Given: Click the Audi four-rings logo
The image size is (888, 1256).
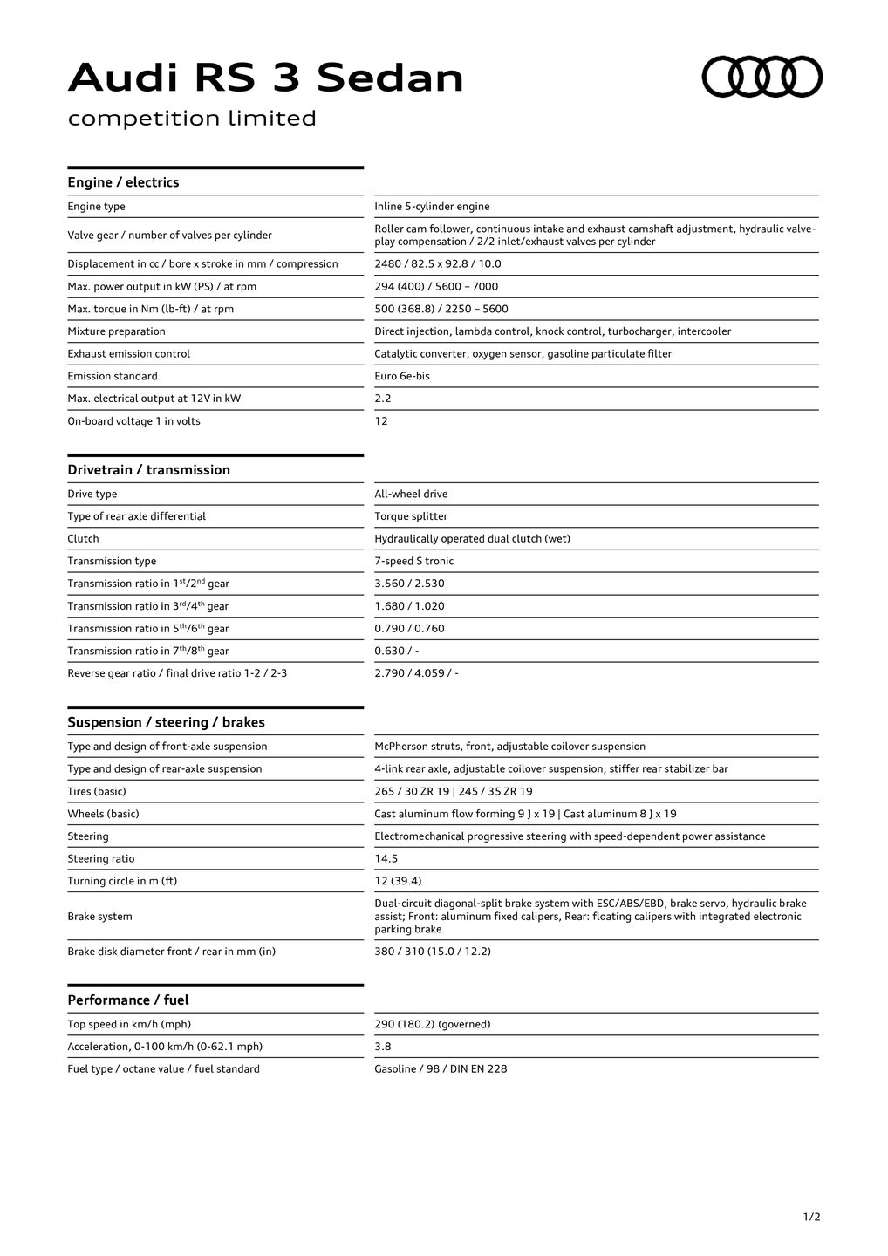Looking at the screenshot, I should (762, 77).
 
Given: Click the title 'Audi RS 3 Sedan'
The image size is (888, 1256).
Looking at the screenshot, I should (265, 78).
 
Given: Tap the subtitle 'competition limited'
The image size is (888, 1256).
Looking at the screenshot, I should (192, 119).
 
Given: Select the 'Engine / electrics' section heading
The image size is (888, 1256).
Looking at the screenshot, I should (123, 182).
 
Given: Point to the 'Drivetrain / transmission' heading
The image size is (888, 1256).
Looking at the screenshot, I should (148, 470).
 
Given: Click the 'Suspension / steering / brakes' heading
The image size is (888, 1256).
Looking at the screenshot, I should (166, 722).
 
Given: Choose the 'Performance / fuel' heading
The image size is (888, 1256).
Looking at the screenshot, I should (128, 1000).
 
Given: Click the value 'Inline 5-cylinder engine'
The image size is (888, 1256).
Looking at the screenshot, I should (432, 207).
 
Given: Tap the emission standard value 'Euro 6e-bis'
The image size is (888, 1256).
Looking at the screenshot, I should (402, 376).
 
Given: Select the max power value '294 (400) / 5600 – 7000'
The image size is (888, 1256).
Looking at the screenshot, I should (436, 286).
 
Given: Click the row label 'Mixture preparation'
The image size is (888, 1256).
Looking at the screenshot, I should (116, 331).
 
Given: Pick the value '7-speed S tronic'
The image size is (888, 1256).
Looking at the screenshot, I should (413, 561).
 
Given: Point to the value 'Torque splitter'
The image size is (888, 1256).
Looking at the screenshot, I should (411, 516).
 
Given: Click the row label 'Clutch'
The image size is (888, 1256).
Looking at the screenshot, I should (84, 539).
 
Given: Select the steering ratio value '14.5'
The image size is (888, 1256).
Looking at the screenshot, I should (386, 859).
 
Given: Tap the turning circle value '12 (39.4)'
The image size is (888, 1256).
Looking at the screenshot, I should (398, 881).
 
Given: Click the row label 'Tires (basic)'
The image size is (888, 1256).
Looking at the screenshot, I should (97, 792).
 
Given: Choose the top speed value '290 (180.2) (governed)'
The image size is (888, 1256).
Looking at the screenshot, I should (432, 1024).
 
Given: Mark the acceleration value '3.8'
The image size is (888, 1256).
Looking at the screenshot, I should (383, 1047).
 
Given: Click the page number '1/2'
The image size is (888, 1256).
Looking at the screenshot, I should (811, 1217).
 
